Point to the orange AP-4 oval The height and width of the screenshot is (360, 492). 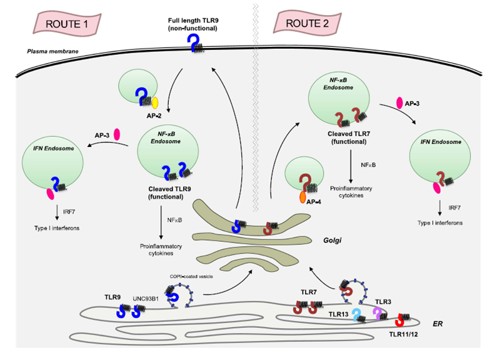point(303,197)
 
